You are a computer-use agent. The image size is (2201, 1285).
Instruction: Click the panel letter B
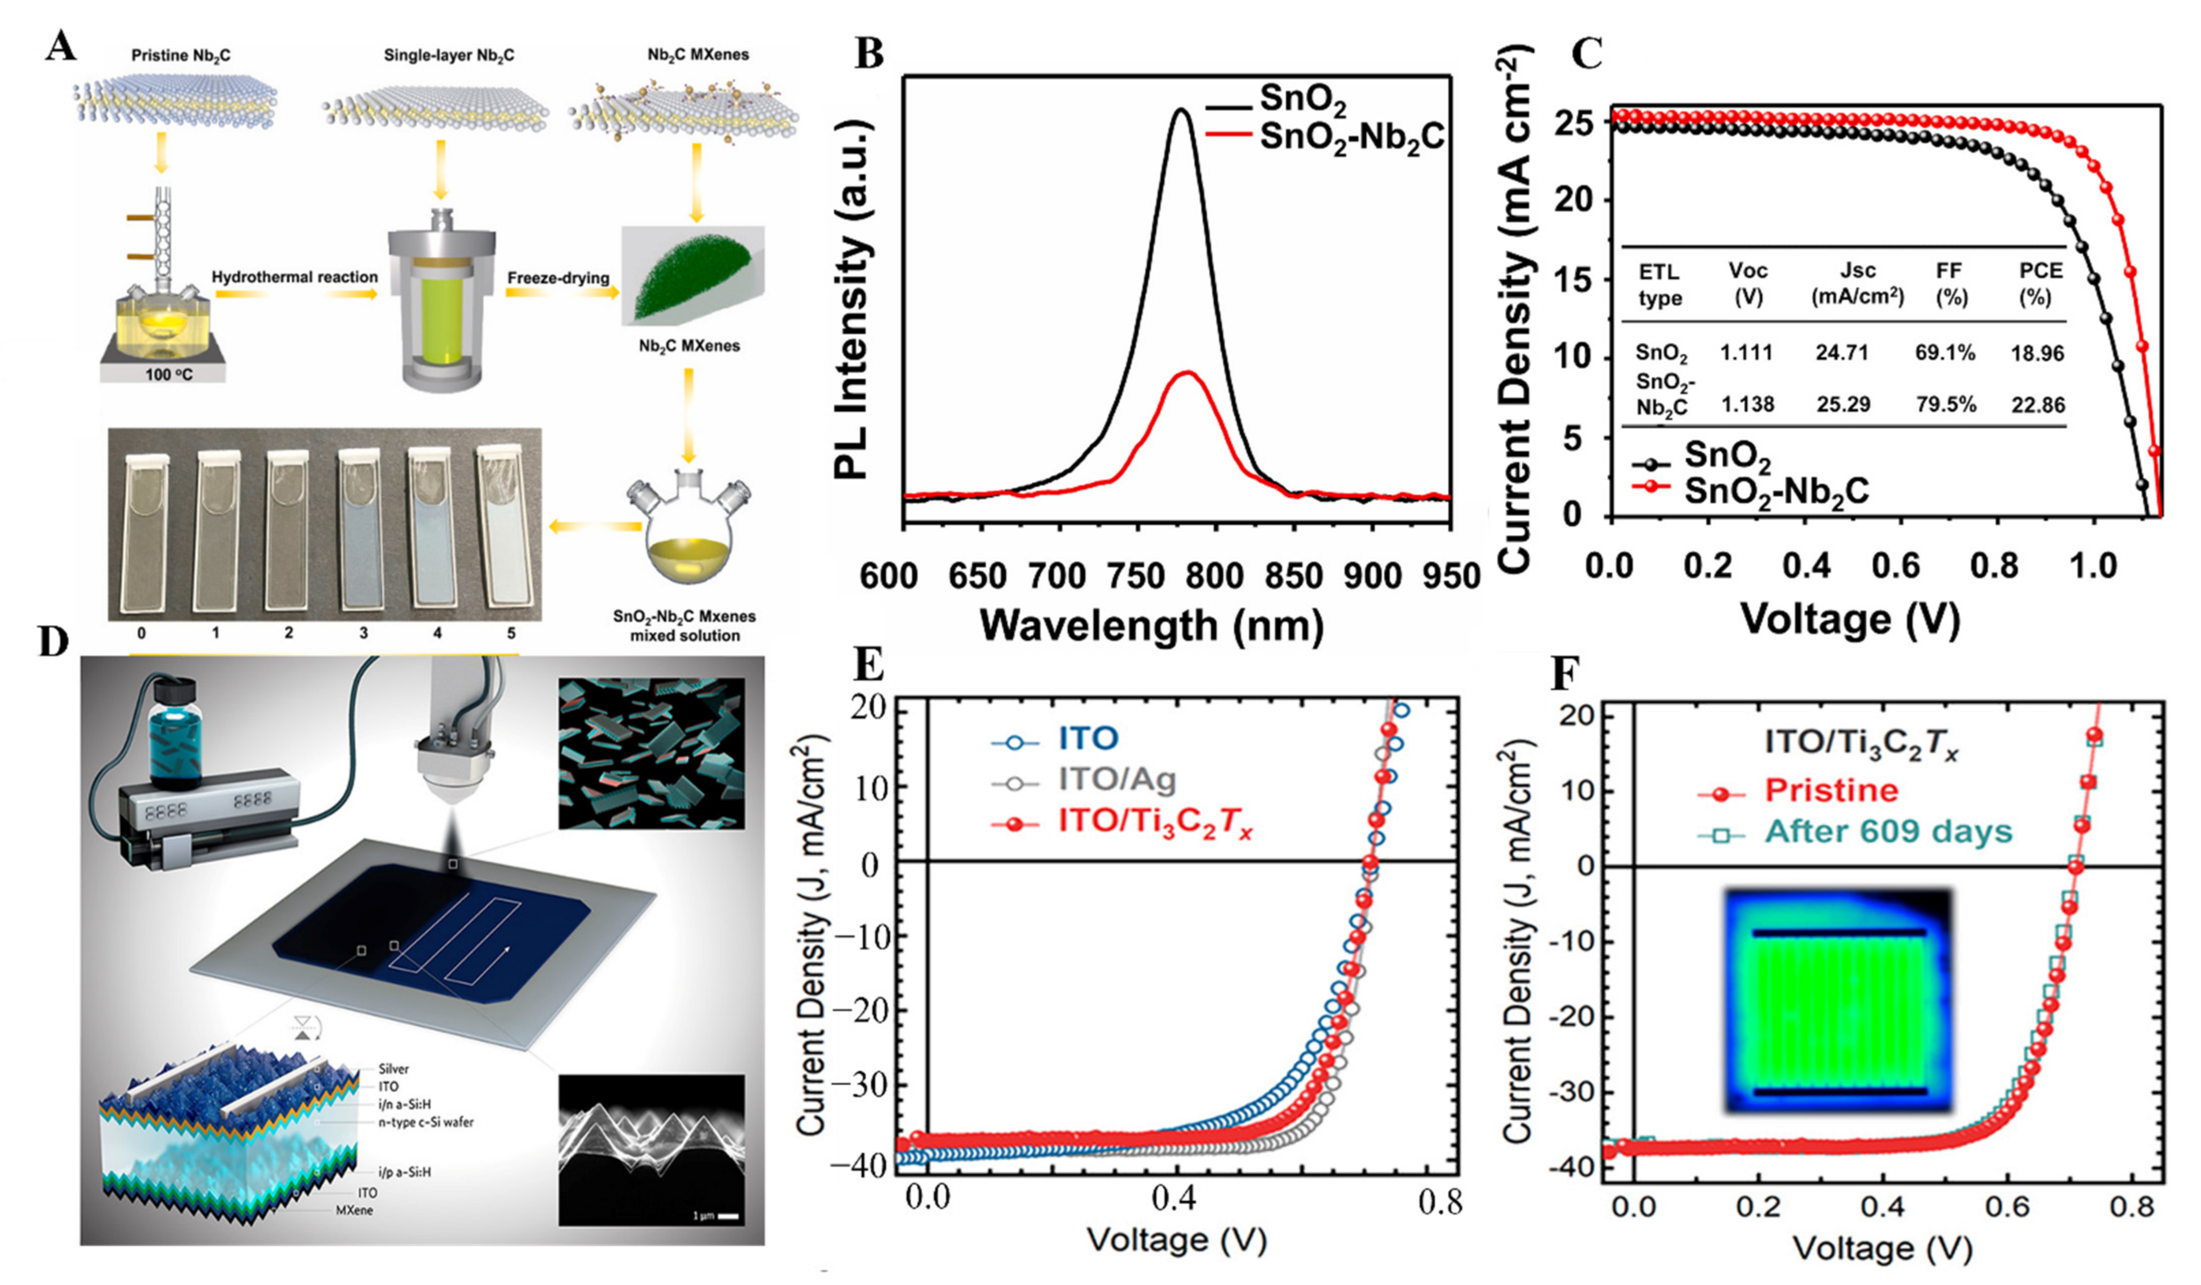tap(868, 54)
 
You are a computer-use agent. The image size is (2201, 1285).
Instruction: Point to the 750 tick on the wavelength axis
tap(1136, 577)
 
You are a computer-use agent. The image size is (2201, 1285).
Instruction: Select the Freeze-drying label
tap(558, 278)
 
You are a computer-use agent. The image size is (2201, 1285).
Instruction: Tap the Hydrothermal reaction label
tap(295, 277)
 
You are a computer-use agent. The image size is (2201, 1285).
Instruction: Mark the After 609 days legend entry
tap(1886, 832)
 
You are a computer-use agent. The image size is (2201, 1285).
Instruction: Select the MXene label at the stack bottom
tap(355, 1210)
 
